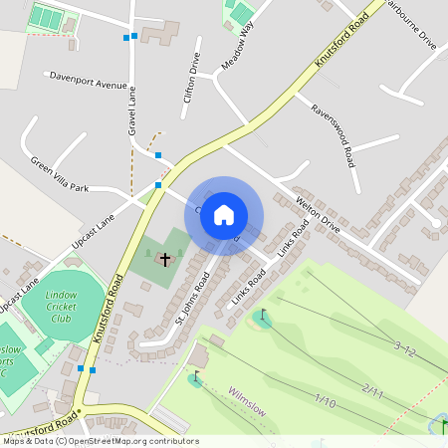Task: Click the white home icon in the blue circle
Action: point(224,215)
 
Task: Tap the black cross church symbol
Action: point(165,259)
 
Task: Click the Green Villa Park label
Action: point(59,174)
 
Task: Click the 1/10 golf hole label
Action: point(325,400)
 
